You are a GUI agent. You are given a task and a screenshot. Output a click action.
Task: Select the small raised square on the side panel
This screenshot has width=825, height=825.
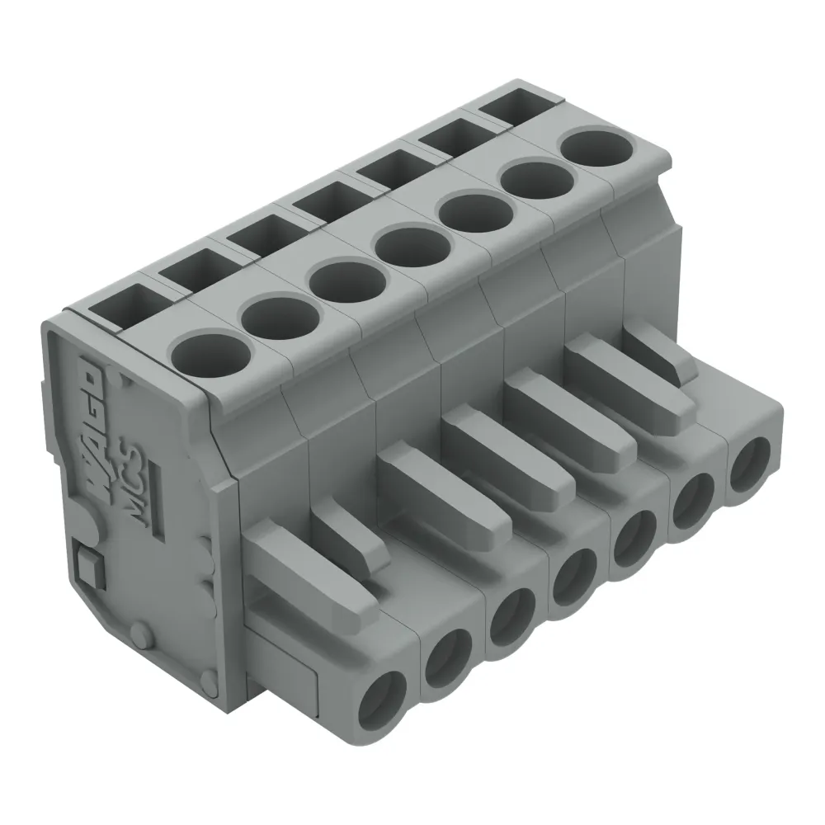coord(84,564)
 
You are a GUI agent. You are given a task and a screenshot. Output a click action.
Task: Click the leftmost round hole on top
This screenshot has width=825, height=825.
coord(213,356)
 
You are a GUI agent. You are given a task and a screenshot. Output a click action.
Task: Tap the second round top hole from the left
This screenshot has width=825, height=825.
coord(280,317)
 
